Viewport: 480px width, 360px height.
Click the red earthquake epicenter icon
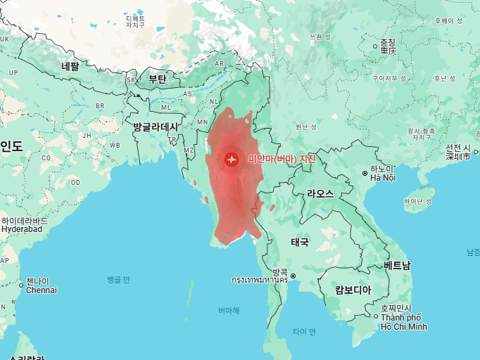(232, 159)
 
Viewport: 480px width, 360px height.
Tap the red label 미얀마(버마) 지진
(282, 159)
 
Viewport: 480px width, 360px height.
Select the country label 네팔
(70, 66)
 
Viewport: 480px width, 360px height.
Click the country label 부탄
(158, 79)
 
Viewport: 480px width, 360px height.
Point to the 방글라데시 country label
(156, 127)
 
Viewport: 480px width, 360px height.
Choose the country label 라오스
(320, 193)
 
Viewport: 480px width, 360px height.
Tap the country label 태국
(300, 242)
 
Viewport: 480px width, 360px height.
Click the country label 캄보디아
(353, 290)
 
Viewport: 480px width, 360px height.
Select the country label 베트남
(397, 265)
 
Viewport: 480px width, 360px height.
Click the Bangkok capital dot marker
(293, 276)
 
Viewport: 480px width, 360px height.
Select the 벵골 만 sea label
(118, 279)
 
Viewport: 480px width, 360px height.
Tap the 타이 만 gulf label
(304, 331)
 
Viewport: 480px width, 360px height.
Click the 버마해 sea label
(228, 310)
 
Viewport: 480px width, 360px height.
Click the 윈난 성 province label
(306, 127)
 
